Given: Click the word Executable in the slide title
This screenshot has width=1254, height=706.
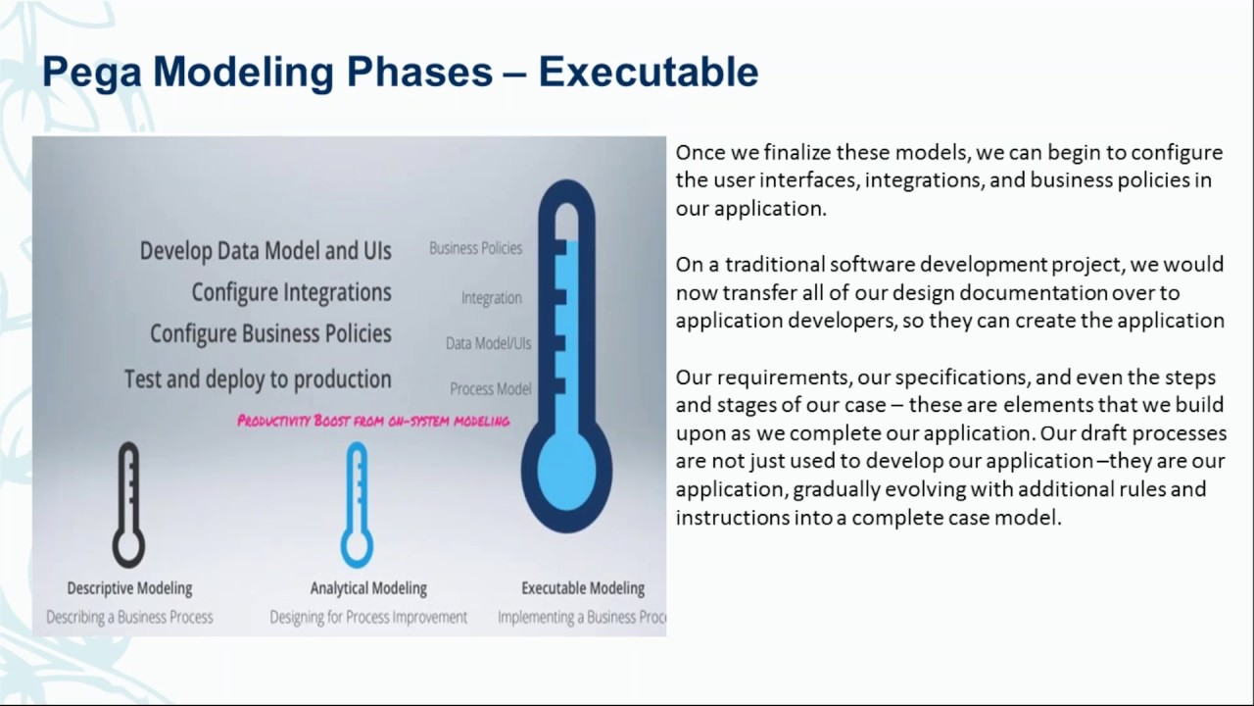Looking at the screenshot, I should (x=648, y=72).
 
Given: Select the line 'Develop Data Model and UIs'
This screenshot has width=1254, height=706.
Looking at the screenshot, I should (x=265, y=251).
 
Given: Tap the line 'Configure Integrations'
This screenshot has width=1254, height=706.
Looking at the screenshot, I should (x=291, y=292).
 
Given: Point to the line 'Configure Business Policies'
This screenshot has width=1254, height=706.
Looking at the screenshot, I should (x=270, y=334).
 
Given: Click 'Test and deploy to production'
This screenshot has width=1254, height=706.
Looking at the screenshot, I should (x=258, y=378).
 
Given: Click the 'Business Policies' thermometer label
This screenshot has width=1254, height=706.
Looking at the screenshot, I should (x=475, y=248).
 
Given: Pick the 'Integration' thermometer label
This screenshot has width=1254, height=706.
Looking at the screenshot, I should (x=491, y=298).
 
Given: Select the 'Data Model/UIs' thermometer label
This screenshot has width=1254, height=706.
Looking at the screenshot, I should (x=488, y=343).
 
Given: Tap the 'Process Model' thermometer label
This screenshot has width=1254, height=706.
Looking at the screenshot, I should (x=490, y=389).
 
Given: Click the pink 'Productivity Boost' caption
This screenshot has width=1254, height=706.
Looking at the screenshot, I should (x=373, y=421).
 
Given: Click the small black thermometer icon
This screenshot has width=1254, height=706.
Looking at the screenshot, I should (x=128, y=505).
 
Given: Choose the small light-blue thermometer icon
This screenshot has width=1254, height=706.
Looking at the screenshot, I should (x=357, y=505).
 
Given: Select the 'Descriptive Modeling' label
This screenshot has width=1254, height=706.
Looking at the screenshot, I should (x=129, y=588).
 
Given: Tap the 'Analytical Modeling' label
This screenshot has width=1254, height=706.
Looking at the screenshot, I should (x=368, y=588).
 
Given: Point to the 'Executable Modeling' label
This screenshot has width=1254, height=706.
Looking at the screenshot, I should (x=583, y=588).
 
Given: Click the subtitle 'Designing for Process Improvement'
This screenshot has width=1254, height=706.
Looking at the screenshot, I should (x=368, y=617).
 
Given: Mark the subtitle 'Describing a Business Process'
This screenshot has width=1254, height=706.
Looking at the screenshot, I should (x=129, y=617).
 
